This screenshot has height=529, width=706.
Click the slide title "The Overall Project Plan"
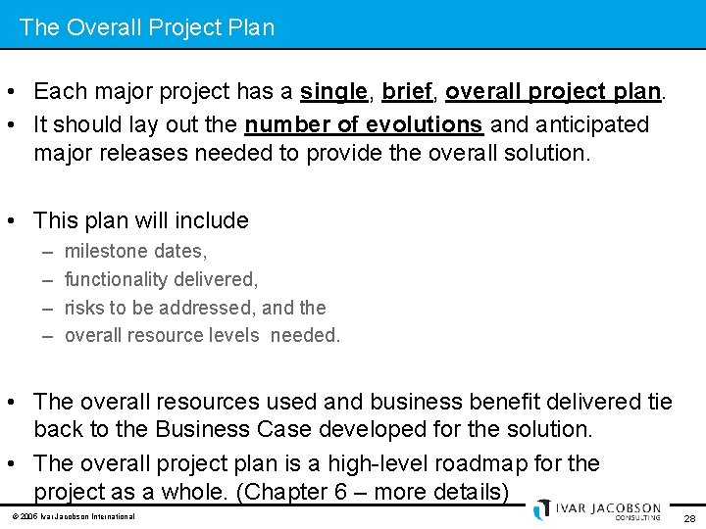pyautogui.click(x=147, y=27)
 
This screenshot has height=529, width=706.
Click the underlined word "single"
pyautogui.click(x=332, y=92)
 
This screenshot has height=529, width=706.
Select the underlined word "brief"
pyautogui.click(x=407, y=92)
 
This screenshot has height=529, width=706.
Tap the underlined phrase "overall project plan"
pyautogui.click(x=554, y=92)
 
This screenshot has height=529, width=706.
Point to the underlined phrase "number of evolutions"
pyautogui.click(x=363, y=125)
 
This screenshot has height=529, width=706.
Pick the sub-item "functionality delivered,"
pyautogui.click(x=161, y=280)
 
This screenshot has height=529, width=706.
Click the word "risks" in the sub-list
pyautogui.click(x=85, y=308)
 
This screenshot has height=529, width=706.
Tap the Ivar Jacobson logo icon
pyautogui.click(x=542, y=509)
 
